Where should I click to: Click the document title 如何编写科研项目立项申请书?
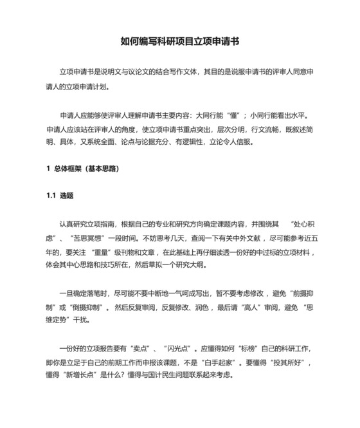(180, 41)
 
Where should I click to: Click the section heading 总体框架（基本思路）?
(85, 169)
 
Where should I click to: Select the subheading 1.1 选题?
(59, 196)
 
